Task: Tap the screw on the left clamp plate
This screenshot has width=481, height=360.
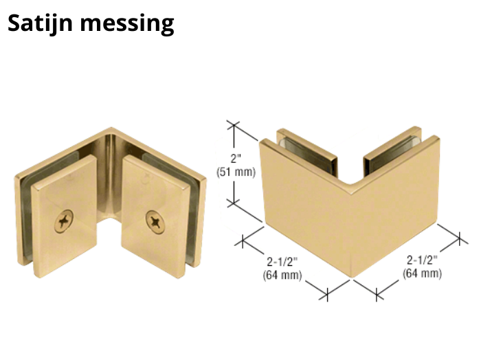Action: [64, 221]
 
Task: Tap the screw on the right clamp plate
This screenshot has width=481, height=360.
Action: [155, 222]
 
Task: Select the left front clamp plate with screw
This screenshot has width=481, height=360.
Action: [65, 216]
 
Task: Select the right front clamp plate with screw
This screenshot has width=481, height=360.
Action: [155, 216]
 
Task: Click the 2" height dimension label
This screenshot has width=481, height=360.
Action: [236, 159]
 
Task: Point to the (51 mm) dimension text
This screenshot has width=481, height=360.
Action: [236, 172]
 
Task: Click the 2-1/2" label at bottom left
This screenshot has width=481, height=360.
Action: [282, 262]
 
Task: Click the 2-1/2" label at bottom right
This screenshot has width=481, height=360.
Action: [422, 260]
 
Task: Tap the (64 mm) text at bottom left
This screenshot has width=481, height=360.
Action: [282, 275]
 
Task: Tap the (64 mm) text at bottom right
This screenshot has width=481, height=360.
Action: [422, 273]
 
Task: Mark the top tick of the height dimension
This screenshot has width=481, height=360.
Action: [234, 124]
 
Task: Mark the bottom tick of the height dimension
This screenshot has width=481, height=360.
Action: [234, 203]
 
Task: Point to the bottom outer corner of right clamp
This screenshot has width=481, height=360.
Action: [352, 277]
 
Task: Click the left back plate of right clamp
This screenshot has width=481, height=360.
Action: [306, 153]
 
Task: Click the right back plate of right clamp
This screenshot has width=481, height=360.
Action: [392, 151]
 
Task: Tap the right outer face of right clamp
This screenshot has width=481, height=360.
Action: [395, 207]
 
